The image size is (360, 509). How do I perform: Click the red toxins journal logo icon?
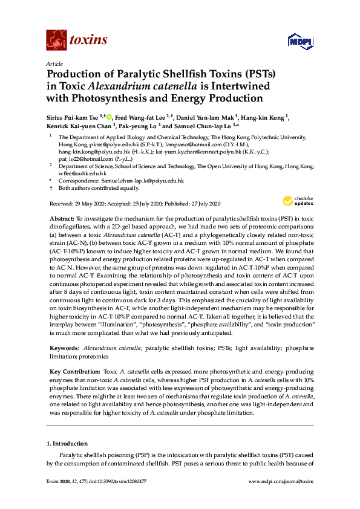[56, 40]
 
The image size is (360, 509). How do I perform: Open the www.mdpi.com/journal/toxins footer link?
[282, 481]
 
